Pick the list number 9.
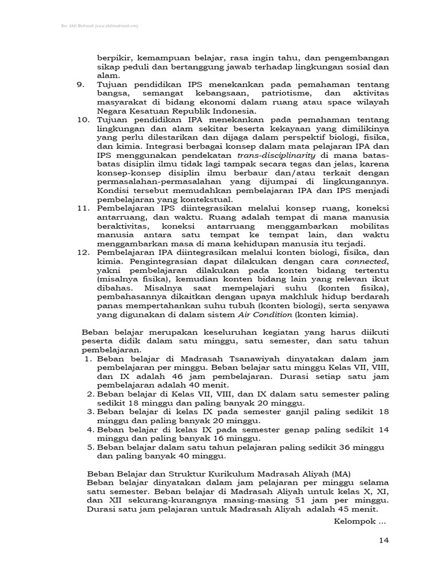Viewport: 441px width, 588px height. pos(80,84)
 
